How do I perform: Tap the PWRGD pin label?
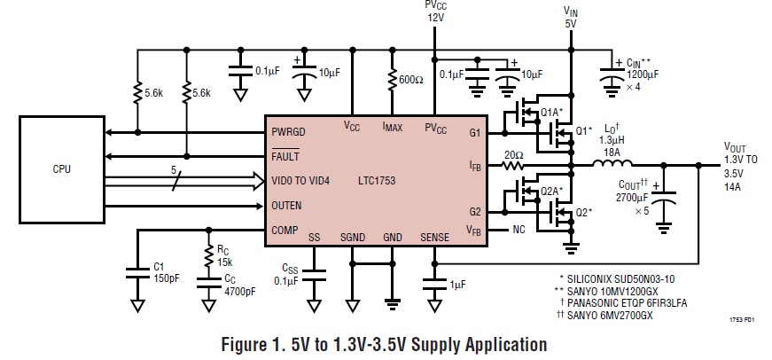(x=290, y=133)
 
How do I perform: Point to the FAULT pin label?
(x=287, y=157)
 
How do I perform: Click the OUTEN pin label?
(x=287, y=206)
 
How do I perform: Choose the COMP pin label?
(x=285, y=230)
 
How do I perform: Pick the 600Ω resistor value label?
(x=411, y=81)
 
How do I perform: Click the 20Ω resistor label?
(x=515, y=154)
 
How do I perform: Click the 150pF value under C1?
(x=166, y=277)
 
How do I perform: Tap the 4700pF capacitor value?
(x=239, y=290)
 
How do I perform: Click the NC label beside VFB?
(x=520, y=230)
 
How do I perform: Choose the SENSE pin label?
(x=434, y=238)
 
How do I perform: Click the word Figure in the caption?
(x=254, y=343)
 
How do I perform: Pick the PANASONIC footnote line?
(x=636, y=302)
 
